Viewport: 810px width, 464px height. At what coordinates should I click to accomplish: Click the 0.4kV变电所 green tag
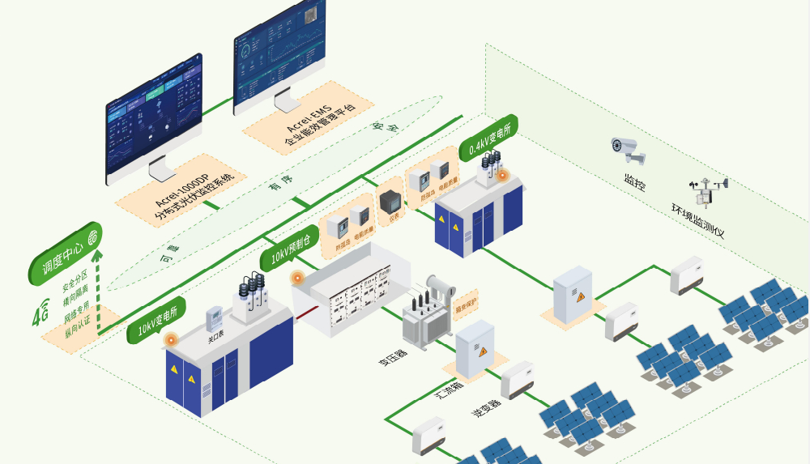[488, 137]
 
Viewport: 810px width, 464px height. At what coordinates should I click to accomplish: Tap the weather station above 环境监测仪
[707, 192]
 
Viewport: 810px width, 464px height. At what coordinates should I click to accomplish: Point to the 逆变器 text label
[486, 407]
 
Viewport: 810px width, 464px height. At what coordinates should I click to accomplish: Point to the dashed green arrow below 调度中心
[98, 292]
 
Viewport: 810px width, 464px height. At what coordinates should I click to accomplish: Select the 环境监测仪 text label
[697, 221]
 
